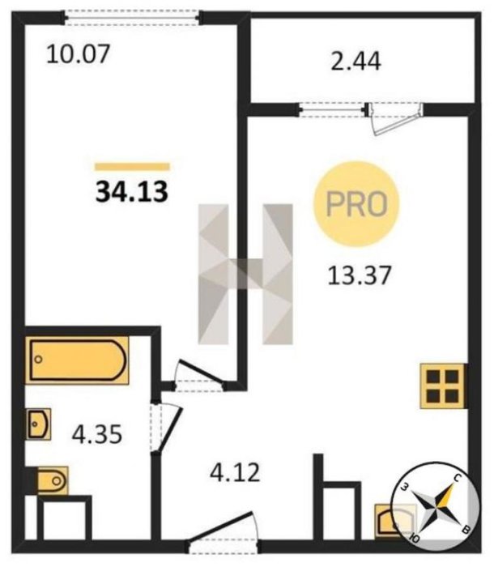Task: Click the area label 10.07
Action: pos(78,54)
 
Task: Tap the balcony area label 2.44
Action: pos(356,61)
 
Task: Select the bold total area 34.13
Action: pos(132,192)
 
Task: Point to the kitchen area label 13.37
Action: pos(360,275)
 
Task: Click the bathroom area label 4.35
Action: pos(97,434)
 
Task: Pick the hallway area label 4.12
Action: pos(235,472)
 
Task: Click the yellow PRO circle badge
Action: pos(356,204)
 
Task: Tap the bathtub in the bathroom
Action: pos(77,360)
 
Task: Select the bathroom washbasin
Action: pos(38,424)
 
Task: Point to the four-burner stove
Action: pos(443,386)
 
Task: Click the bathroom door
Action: pos(166,428)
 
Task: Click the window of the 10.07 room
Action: pos(132,18)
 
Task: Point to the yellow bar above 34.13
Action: pos(132,167)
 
